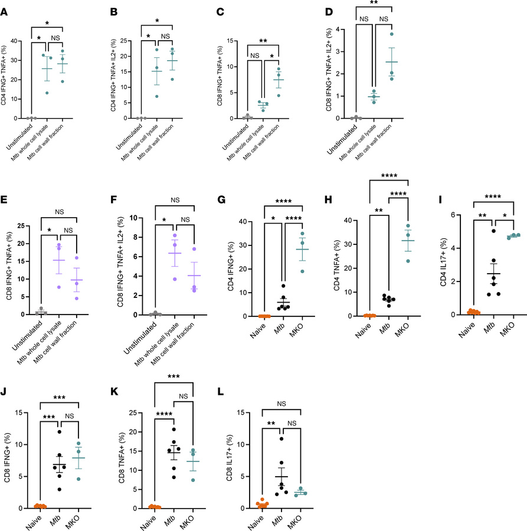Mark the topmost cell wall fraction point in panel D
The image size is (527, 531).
(391, 34)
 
